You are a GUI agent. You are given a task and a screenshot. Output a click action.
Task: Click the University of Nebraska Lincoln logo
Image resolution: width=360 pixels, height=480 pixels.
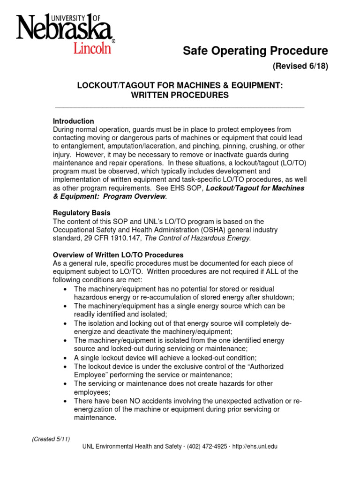(x=65, y=34)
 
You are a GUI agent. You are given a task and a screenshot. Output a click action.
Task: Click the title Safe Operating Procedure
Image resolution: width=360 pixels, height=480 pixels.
(x=255, y=51)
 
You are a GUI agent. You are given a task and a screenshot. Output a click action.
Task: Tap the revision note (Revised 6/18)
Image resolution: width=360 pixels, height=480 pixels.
(x=300, y=66)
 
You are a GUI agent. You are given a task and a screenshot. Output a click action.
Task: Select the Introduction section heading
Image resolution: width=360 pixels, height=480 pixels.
(x=74, y=121)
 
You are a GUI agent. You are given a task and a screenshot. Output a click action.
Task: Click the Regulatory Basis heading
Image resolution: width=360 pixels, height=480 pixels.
(x=82, y=213)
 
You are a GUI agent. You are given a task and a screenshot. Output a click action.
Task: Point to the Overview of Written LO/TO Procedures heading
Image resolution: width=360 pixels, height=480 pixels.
(x=118, y=255)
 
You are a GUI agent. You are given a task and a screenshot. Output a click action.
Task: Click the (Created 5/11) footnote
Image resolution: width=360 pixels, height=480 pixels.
(x=51, y=439)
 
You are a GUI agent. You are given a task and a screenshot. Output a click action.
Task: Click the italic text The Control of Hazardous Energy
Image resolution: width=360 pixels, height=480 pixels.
(x=197, y=238)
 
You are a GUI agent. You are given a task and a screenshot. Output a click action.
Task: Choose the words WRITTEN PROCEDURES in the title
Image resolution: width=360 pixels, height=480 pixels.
(x=180, y=95)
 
